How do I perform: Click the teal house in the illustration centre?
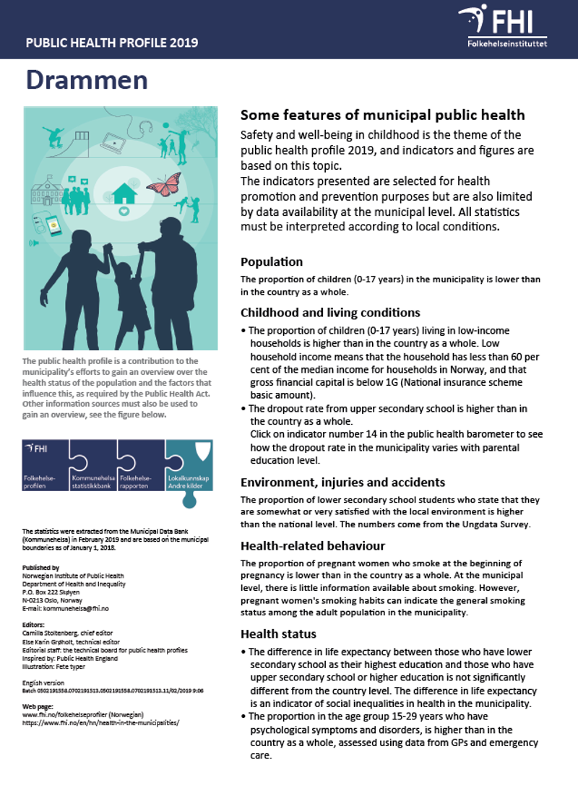[124, 193]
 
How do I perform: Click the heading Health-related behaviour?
[312, 546]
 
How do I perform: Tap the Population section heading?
[272, 261]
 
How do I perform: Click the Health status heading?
[278, 633]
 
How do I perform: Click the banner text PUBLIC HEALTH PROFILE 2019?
[112, 43]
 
